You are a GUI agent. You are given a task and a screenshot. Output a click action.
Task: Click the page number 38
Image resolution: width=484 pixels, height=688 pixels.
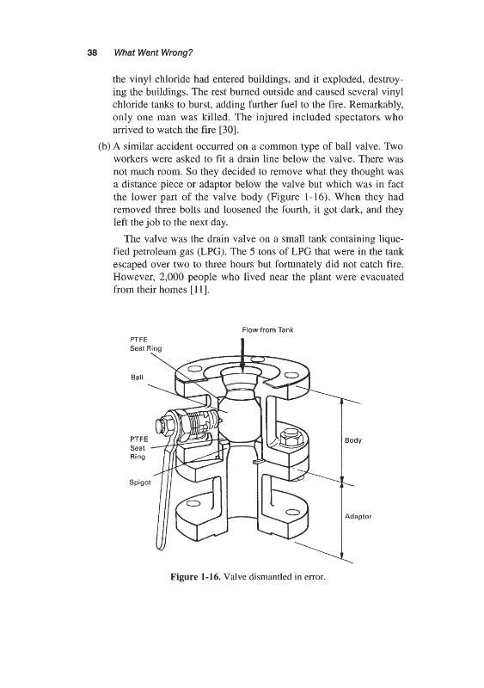point(92,53)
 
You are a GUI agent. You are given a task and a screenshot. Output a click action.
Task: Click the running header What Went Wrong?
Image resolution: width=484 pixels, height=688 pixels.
point(153,53)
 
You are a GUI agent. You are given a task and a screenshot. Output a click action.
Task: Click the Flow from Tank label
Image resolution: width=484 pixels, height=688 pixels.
point(267,329)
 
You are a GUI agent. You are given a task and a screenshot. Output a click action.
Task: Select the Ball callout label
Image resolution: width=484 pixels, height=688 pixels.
point(137,377)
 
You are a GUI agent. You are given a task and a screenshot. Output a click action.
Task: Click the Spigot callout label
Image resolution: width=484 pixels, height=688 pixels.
point(140,482)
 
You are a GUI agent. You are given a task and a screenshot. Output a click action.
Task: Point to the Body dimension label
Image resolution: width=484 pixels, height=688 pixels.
point(353,440)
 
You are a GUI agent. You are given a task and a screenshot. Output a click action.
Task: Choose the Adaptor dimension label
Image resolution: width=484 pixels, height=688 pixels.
point(358,517)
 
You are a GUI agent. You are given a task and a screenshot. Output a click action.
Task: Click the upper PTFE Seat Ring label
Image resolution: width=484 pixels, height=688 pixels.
point(145,343)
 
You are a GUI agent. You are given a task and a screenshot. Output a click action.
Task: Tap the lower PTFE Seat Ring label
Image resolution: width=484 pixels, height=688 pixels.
point(139,447)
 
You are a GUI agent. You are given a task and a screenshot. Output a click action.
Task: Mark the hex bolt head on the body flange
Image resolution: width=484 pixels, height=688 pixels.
point(291,438)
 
